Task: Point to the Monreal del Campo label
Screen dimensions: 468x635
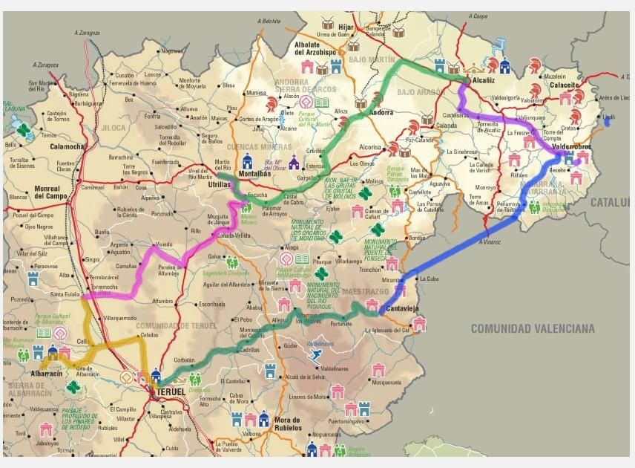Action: (53, 193)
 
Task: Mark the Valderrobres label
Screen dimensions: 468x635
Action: (570, 147)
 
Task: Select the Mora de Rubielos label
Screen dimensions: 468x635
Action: (286, 424)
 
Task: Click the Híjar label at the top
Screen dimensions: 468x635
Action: (346, 27)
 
